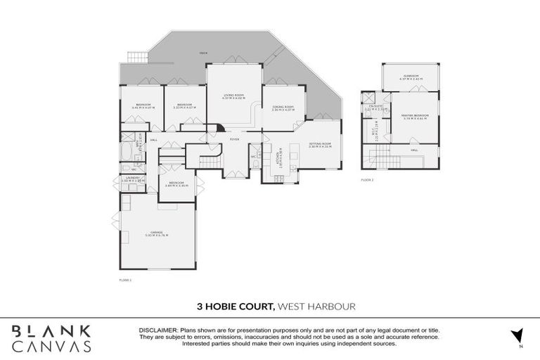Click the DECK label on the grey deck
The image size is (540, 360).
point(203,53)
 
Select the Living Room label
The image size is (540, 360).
point(233,96)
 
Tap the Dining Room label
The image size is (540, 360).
point(283,108)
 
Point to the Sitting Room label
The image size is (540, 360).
point(320,144)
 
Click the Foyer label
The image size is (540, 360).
point(234,139)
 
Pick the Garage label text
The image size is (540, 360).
point(156,233)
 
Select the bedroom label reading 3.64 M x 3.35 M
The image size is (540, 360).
point(171,184)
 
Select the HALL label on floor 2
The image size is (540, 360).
point(414,149)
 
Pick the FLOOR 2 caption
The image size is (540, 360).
point(367,180)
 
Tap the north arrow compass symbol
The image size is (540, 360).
point(517,335)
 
